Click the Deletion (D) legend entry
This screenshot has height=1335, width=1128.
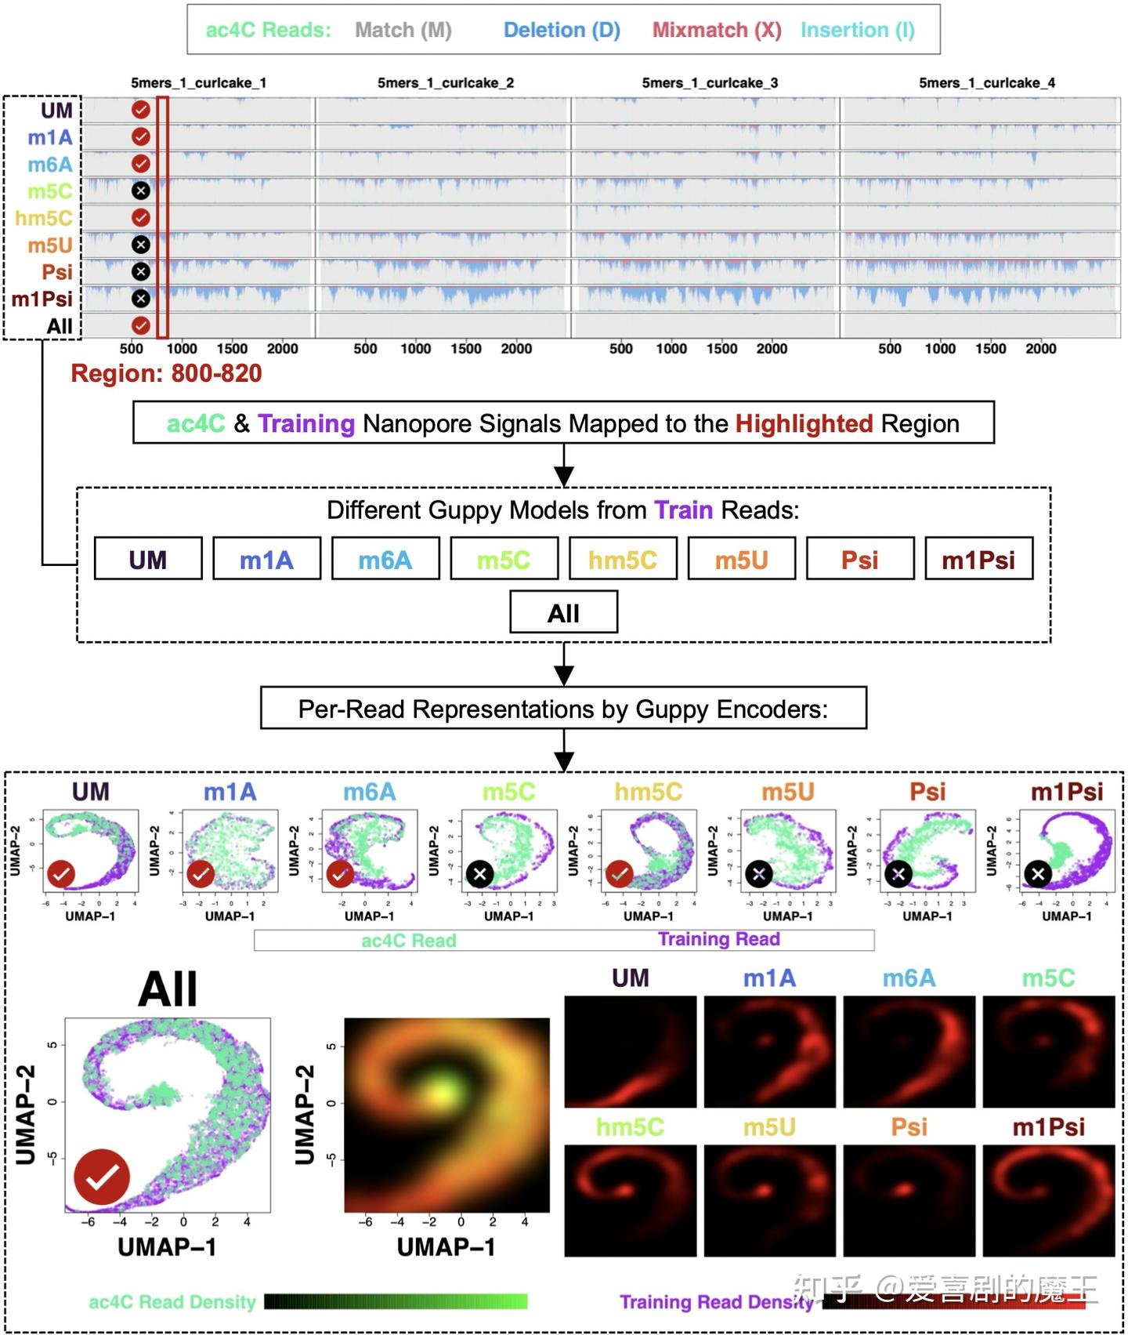tap(562, 30)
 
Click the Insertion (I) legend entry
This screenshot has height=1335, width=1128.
tap(857, 30)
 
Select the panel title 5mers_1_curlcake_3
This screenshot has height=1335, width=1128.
tap(710, 82)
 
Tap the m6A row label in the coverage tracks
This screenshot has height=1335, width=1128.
tap(50, 165)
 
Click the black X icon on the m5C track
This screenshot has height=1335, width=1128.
tap(141, 190)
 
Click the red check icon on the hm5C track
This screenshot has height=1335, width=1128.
tap(141, 217)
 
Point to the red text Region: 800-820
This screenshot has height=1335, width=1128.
tap(166, 373)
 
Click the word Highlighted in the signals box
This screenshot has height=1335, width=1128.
tap(803, 423)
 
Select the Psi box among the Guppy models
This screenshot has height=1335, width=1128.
tap(859, 559)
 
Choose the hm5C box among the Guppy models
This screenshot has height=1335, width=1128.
tap(623, 559)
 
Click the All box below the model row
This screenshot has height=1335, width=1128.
tap(563, 612)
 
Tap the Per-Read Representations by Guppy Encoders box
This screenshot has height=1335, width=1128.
tap(563, 709)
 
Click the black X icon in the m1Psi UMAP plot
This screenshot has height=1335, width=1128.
tap(1038, 873)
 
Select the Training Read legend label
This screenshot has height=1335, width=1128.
tap(718, 939)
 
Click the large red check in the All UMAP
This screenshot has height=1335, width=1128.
tap(102, 1177)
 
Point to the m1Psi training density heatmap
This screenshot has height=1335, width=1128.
tap(1048, 1200)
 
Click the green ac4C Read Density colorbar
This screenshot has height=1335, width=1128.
tap(396, 1302)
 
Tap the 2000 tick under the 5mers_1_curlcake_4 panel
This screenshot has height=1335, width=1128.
tap(1040, 348)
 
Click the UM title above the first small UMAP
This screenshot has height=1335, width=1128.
tap(91, 792)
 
